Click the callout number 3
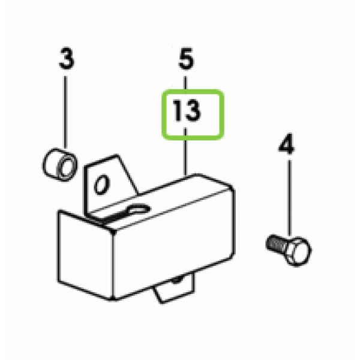67,59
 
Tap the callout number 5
186,59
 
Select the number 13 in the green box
187,110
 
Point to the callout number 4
286,143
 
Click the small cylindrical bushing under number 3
59,164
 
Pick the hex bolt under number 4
289,250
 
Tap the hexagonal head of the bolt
298,252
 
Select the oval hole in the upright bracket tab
102,185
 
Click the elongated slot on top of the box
139,209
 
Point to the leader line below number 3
65,112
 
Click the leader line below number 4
289,197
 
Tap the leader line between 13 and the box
185,152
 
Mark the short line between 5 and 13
185,83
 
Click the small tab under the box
175,288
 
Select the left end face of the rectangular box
85,255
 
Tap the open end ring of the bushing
67,166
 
